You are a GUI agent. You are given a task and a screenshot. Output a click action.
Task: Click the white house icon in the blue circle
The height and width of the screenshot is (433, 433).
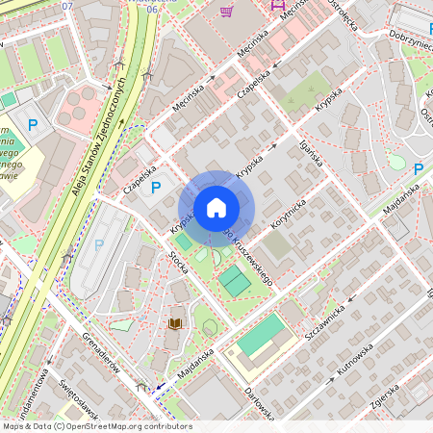(x=216, y=208)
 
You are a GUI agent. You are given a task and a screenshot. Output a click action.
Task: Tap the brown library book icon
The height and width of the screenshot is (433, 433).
(x=175, y=324)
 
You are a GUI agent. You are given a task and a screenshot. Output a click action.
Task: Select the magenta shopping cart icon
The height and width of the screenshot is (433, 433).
(x=227, y=12)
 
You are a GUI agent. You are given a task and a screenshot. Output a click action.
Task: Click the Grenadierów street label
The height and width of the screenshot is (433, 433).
(x=100, y=355)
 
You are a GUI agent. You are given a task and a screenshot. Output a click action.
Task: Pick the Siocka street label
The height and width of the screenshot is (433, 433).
(x=178, y=259)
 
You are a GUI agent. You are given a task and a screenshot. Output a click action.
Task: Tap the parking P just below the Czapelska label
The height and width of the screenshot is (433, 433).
(x=156, y=188)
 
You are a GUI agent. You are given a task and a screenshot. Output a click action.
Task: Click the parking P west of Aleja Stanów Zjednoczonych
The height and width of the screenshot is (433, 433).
(x=33, y=124)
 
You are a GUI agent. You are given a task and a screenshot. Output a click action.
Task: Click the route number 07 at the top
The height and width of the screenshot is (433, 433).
(x=66, y=7)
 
